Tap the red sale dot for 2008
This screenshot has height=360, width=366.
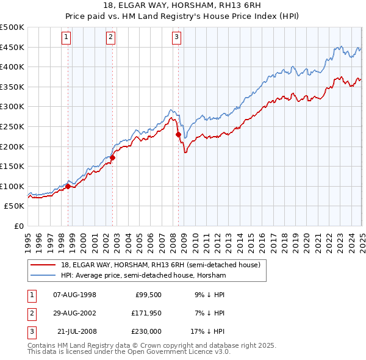coord(178,134)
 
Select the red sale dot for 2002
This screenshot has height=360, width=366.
coord(113,157)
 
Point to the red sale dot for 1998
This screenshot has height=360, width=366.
coord(68,186)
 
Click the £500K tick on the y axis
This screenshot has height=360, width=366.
coord(12,27)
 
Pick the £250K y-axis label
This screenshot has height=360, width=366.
coord(12,126)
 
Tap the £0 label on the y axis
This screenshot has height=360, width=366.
coord(18,226)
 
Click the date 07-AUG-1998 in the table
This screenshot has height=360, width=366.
coord(75,295)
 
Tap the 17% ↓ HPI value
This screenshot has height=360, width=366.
coord(207,331)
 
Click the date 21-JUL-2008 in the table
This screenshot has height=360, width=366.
coord(77,331)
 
